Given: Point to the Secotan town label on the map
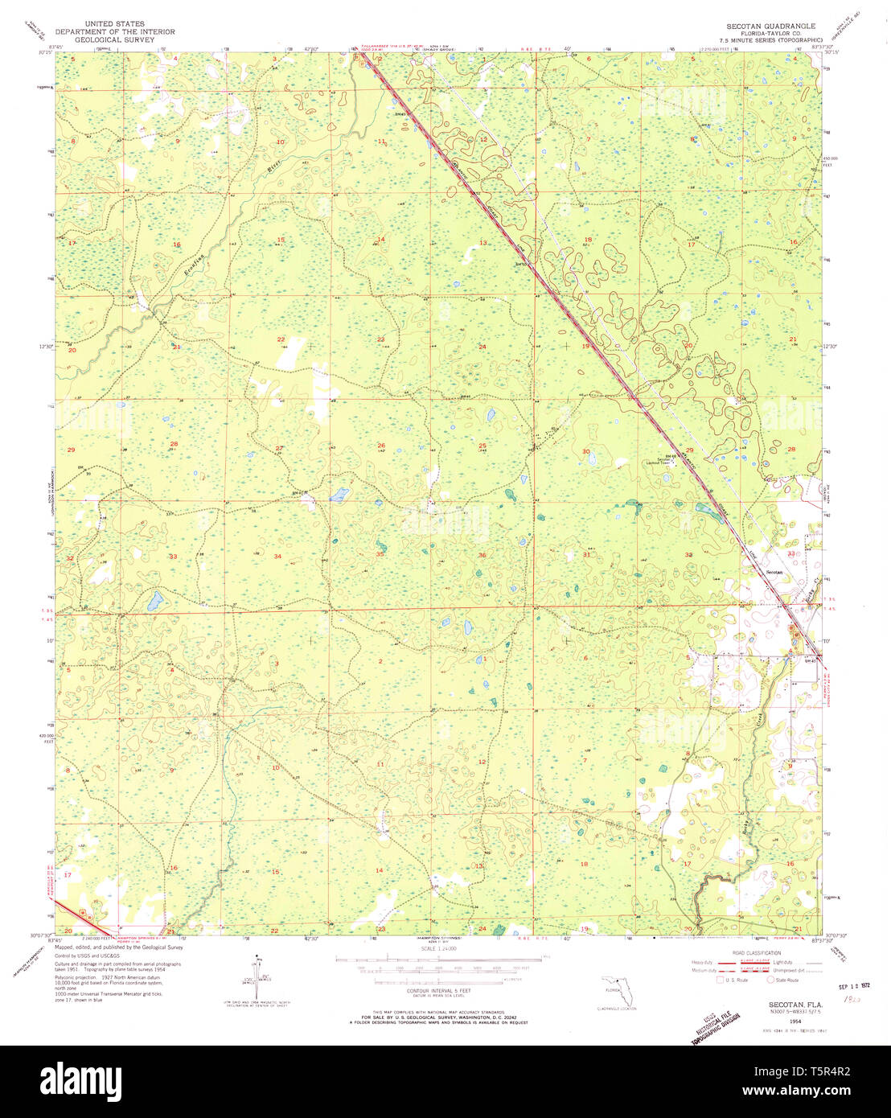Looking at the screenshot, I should [774, 571].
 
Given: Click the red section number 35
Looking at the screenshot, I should [380, 554].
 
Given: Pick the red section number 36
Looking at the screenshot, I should [482, 555].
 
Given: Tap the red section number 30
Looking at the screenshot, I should [586, 451].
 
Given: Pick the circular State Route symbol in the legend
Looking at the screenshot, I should [771, 980].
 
